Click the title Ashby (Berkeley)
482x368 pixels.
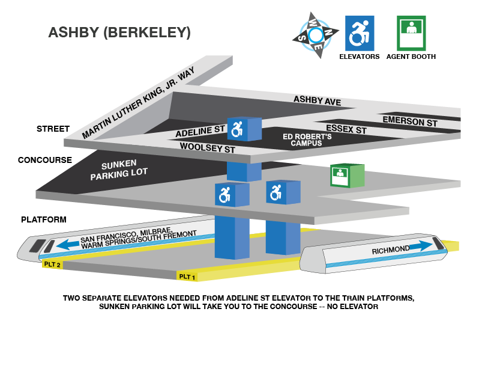click(x=119, y=32)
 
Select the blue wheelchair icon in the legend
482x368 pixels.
click(x=359, y=34)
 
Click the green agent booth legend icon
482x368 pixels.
click(x=411, y=34)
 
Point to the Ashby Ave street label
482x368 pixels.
click(x=317, y=100)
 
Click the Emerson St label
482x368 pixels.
click(x=410, y=121)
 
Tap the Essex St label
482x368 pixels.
click(x=346, y=129)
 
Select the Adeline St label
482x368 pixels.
click(x=200, y=132)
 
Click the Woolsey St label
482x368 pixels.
click(x=207, y=147)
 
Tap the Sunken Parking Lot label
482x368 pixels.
click(x=118, y=170)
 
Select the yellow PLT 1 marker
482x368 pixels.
click(x=187, y=277)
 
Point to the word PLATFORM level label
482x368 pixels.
click(x=43, y=220)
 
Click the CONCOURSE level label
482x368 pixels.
click(x=45, y=161)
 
